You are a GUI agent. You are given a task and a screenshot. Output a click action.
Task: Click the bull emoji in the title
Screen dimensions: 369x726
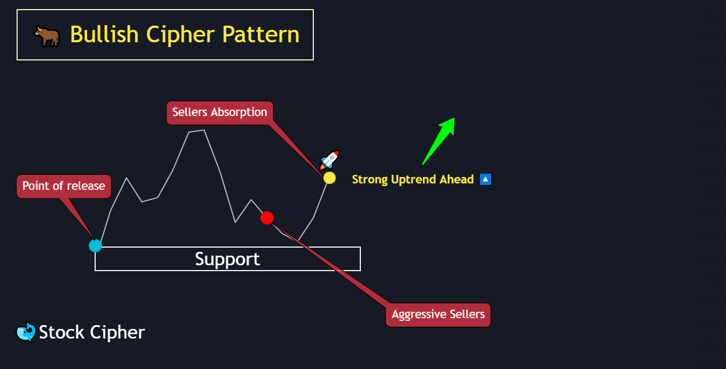coord(47,36)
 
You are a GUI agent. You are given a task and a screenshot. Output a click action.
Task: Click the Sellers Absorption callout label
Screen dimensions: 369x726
coord(220,112)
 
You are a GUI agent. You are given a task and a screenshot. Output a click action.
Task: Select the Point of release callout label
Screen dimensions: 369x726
coord(64,186)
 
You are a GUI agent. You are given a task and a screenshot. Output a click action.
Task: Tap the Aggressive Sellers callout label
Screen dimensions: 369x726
coord(438,314)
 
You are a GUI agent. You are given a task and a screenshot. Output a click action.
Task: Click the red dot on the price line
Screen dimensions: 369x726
coord(267,218)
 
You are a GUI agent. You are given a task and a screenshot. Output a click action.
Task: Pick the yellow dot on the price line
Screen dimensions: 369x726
coord(329,178)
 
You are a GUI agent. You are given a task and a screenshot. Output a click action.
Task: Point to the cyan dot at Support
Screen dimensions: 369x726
coord(95,245)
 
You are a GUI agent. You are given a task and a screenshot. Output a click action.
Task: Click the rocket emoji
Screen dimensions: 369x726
coord(329,160)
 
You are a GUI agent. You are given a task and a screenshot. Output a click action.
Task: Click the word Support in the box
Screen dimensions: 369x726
coord(227,259)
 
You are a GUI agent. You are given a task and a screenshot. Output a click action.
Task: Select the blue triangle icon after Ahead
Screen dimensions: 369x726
coord(485,180)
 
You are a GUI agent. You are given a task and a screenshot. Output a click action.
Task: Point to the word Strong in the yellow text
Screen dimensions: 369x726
coord(369,180)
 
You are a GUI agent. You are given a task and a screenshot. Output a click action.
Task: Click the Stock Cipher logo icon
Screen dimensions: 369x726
coord(26,332)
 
